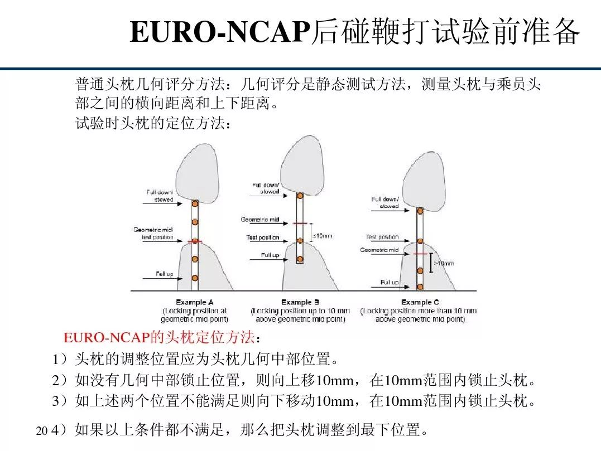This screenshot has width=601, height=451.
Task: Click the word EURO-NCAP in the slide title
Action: pos(219,32)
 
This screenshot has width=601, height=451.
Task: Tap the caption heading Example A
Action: pos(194,302)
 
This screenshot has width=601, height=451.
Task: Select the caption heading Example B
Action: pos(300,302)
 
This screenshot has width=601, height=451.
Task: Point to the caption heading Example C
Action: pos(420,302)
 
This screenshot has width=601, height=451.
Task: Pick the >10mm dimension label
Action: pos(444,263)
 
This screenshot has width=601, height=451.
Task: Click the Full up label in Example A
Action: pos(164,274)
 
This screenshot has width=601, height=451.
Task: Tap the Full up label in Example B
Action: pos(270,255)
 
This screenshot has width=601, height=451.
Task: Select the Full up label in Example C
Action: pos(389,282)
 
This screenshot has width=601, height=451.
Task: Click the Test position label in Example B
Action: pos(262,237)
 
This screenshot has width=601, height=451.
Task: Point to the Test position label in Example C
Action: pos(382,237)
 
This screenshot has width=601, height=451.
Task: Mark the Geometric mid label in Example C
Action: pos(379,250)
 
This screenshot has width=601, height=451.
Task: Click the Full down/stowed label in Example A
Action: pos(160,196)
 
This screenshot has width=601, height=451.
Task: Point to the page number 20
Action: pos(41,431)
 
